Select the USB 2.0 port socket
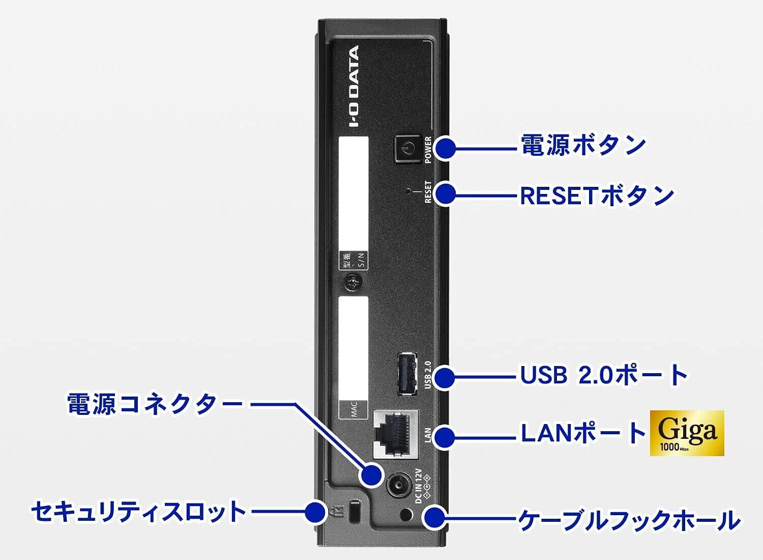(x=407, y=374)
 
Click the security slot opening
(x=355, y=511)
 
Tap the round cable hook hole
(x=405, y=514)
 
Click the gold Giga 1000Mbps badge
(x=687, y=433)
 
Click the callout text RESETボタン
(x=597, y=195)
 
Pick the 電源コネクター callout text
(x=154, y=403)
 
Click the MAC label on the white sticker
(x=354, y=410)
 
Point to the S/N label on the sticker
(x=361, y=260)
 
